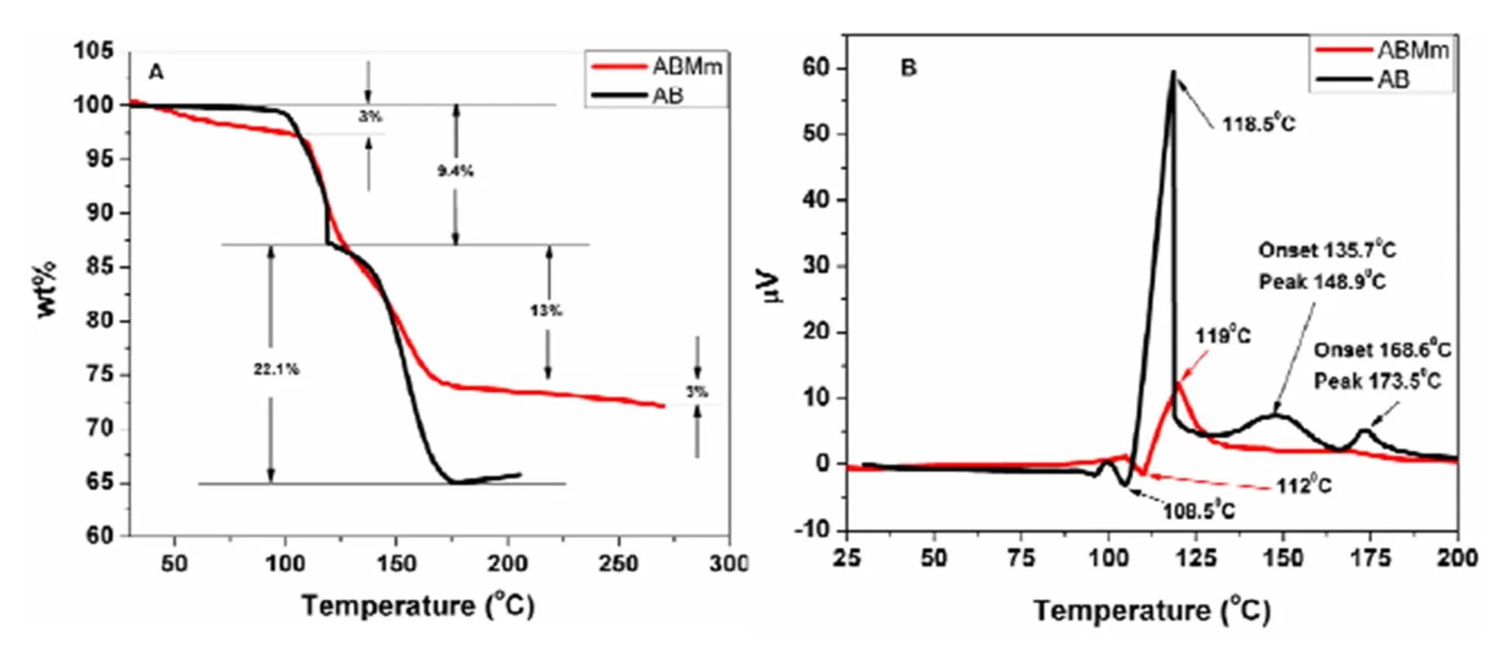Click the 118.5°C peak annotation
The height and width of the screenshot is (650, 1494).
(1258, 124)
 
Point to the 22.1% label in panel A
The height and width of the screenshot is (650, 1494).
(276, 370)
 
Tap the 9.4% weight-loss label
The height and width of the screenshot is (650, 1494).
(455, 171)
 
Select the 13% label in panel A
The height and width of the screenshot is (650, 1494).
(546, 311)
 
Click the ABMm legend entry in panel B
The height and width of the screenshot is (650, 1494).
(1412, 51)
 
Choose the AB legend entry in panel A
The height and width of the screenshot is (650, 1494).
(668, 96)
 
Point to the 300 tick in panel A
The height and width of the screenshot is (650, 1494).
(728, 562)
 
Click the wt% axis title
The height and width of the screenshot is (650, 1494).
(47, 290)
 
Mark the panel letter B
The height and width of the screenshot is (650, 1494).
(908, 69)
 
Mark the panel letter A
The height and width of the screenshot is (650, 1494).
(156, 72)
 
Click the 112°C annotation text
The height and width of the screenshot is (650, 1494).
(1303, 486)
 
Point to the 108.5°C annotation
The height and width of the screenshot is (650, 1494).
(1199, 511)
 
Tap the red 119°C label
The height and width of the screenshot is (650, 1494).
(1223, 336)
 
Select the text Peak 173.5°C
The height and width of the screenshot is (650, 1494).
(1377, 381)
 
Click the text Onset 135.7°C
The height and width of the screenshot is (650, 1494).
(1327, 251)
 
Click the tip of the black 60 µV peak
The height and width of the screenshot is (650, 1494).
(1173, 72)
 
